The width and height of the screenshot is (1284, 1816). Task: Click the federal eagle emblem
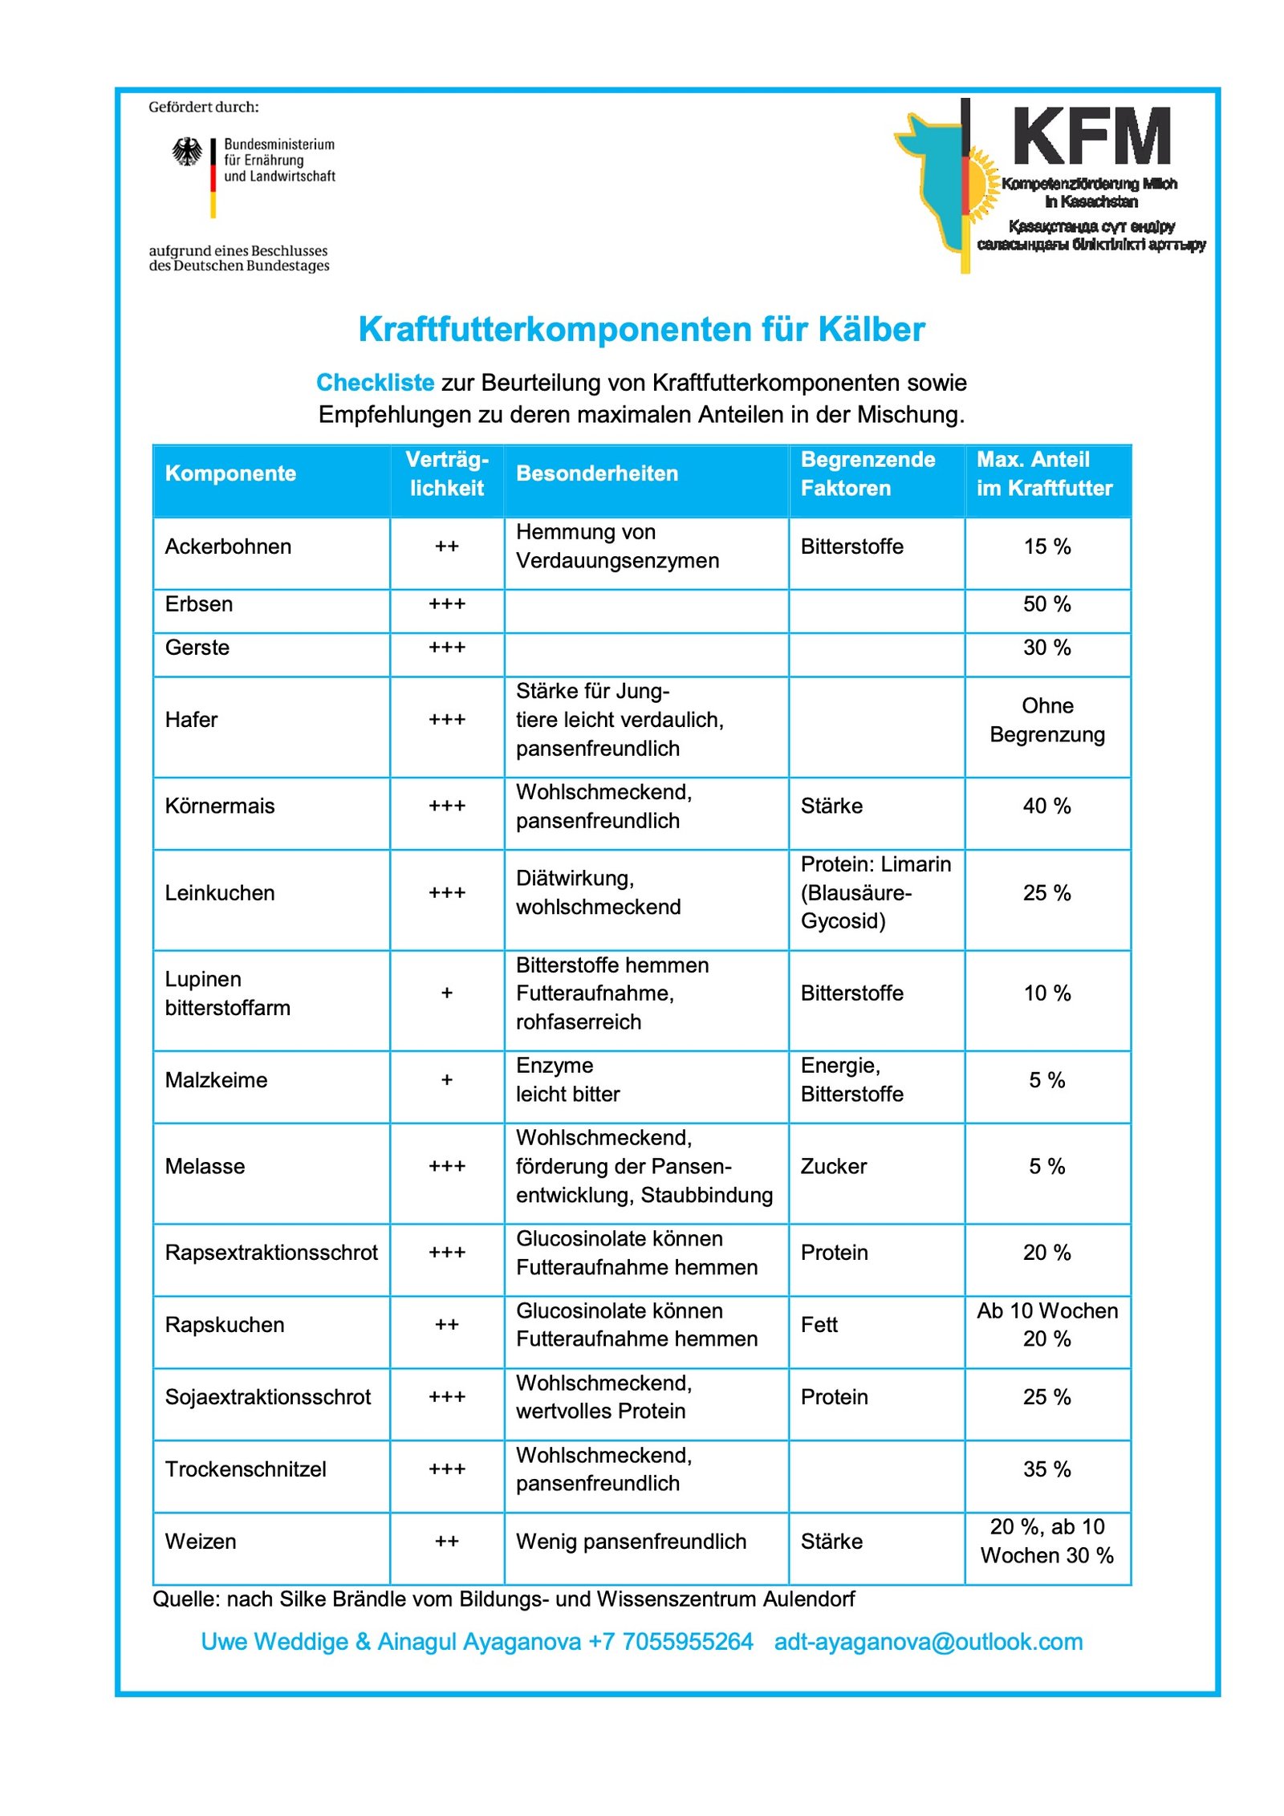187,152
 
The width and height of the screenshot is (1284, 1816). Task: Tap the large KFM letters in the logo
1091,137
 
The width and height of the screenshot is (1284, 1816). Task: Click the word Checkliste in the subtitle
375,383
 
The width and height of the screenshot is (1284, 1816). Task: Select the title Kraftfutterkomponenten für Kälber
641,330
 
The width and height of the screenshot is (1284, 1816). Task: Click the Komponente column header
230,473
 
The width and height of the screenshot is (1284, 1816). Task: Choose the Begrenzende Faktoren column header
868,473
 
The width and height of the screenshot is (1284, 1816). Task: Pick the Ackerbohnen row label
228,546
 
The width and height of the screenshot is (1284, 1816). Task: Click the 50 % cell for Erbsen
1046,604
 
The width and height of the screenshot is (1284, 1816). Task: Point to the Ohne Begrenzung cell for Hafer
1046,720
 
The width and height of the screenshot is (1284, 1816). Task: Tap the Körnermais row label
220,806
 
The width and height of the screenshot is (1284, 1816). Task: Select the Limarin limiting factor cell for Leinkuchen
875,892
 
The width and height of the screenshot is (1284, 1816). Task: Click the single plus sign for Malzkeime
447,1080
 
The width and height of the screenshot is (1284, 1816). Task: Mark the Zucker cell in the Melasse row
834,1166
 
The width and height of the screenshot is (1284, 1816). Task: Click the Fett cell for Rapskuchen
819,1324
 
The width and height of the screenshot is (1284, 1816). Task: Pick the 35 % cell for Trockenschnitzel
1046,1469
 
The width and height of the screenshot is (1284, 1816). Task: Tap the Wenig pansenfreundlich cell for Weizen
631,1541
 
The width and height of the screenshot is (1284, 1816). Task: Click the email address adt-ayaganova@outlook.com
928,1641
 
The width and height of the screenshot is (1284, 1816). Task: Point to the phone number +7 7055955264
671,1641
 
